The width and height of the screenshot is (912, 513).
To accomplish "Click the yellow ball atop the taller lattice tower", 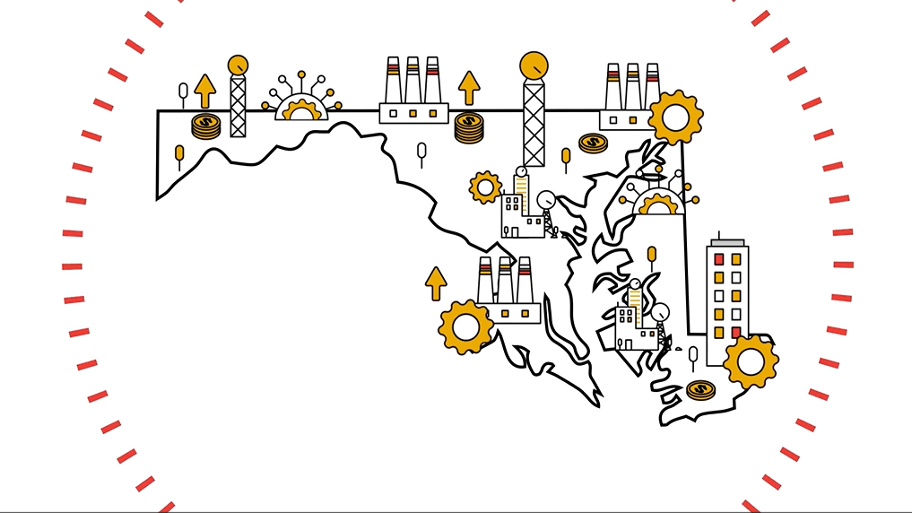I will click(x=534, y=65).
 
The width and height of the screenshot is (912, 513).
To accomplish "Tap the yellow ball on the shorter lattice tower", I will click(x=238, y=65).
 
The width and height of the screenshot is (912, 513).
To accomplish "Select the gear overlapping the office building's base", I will click(x=750, y=361).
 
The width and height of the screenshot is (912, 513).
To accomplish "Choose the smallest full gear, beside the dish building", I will click(x=485, y=187).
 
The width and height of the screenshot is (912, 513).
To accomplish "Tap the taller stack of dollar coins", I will click(x=469, y=127).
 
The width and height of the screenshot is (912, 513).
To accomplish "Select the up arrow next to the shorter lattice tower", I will click(x=205, y=91).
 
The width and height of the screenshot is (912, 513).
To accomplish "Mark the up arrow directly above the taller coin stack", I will click(x=469, y=88).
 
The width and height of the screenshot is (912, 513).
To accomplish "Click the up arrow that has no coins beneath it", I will click(x=436, y=283).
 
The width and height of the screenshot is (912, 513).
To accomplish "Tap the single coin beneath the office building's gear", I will click(x=700, y=390).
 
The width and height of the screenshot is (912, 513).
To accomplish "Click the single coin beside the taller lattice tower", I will click(x=593, y=143).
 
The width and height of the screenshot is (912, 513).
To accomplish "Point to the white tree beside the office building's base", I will click(x=692, y=356).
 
